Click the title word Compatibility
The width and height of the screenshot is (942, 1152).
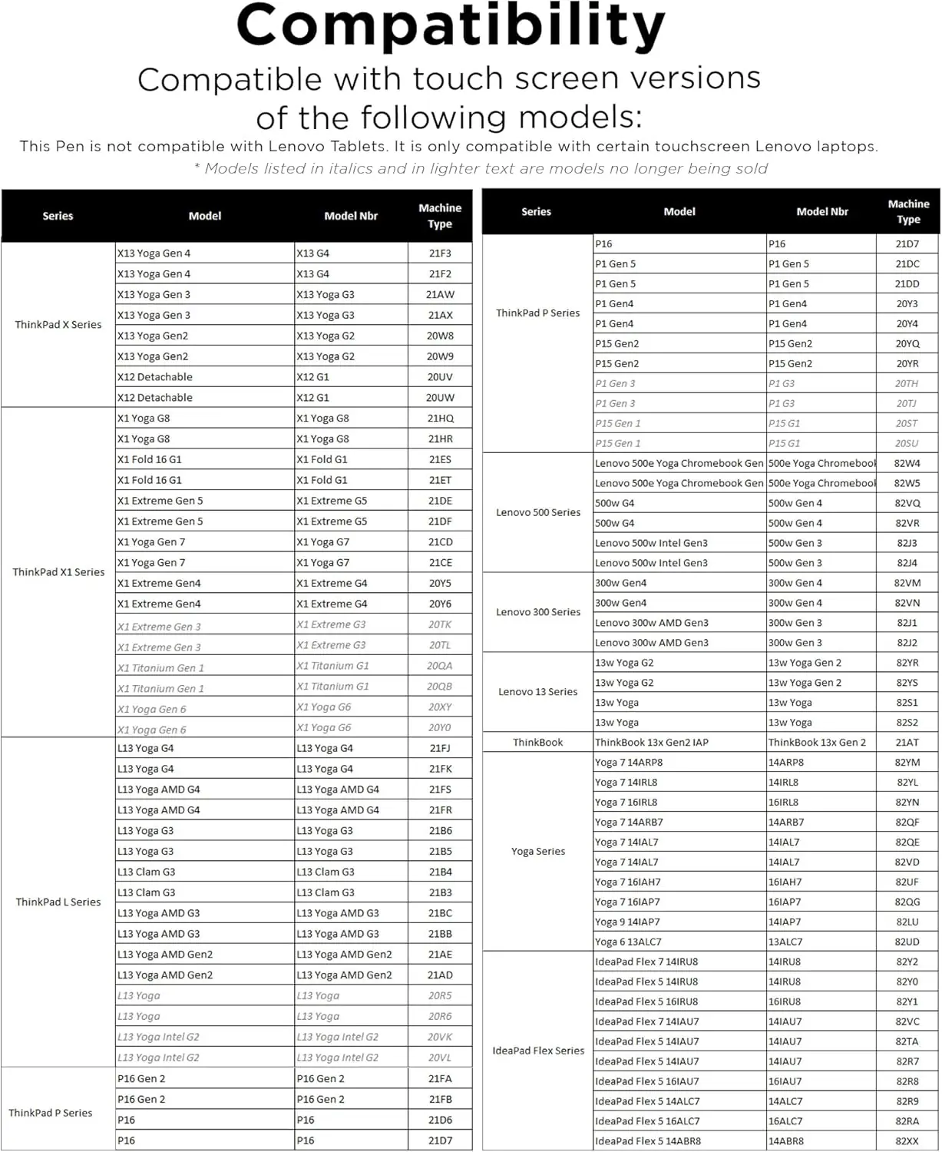coord(451,27)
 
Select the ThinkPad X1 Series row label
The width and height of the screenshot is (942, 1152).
coord(58,572)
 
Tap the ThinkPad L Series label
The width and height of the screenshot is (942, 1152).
coord(58,902)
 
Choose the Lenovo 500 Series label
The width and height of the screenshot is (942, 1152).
coord(538,512)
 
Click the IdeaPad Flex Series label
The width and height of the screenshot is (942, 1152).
coord(538,1051)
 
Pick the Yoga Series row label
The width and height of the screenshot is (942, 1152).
coord(538,851)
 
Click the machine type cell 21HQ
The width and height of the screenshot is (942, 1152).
coord(441,419)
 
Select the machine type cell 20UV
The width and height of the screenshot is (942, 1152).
coord(440,377)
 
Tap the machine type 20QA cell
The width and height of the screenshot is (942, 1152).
coord(440,666)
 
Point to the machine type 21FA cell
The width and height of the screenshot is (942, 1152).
coord(440,1078)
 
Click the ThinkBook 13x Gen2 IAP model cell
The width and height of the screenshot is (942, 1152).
coord(652,743)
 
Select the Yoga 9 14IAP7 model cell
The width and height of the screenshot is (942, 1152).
coord(627,922)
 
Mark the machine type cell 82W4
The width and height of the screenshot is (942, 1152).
coord(907,463)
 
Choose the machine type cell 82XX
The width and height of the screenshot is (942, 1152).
coord(907,1141)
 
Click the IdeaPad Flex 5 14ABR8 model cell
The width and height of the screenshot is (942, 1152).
coord(648,1141)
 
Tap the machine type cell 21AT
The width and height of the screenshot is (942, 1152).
coord(907,743)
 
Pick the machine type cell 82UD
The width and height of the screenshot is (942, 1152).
coord(907,942)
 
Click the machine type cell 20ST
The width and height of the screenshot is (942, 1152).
coord(907,423)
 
